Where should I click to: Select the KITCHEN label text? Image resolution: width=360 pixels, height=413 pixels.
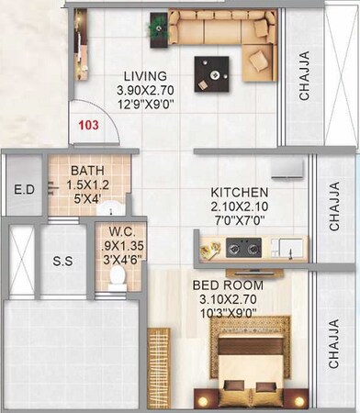click(240, 192)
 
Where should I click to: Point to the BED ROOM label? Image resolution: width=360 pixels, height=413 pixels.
click(229, 285)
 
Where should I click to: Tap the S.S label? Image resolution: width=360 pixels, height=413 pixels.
click(62, 261)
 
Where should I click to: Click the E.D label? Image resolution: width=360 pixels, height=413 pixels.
click(24, 191)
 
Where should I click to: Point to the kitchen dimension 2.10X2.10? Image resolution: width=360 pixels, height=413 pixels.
click(241, 206)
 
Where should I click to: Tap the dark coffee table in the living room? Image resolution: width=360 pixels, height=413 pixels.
click(212, 70)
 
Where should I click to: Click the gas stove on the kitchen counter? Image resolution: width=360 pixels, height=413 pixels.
click(243, 247)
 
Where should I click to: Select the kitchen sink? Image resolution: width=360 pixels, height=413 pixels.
click(286, 247)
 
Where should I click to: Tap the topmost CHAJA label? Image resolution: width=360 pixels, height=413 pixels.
click(304, 79)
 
